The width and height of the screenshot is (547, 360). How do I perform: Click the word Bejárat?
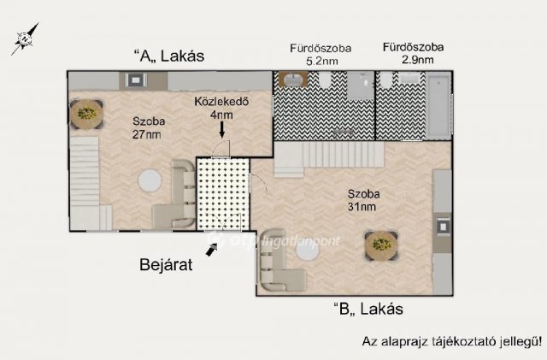point(167,264)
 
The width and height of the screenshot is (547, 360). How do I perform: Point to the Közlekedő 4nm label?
point(221,108)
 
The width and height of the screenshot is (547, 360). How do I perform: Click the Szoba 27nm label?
point(147,127)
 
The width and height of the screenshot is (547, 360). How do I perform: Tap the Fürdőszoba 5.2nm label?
point(314,55)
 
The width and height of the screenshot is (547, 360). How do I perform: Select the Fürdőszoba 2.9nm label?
point(414,55)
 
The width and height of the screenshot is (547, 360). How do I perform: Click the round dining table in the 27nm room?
point(86,113)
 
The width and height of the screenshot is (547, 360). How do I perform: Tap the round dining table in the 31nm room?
point(379,246)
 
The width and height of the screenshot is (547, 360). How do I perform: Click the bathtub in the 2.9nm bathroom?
point(438,104)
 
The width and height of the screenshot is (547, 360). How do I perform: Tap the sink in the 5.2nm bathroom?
point(292,81)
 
